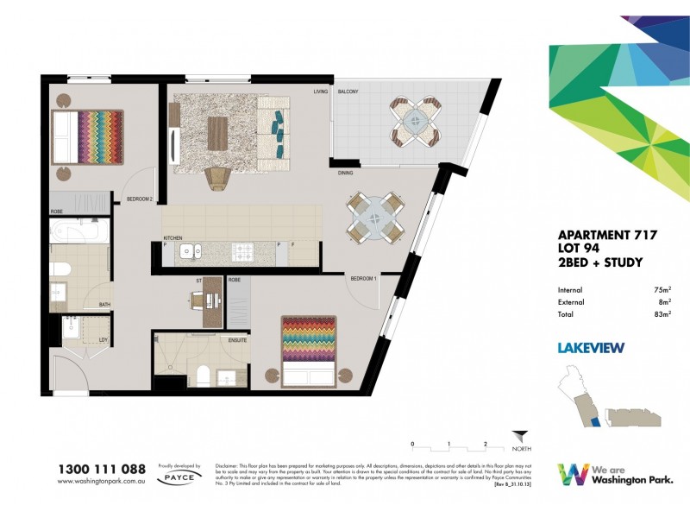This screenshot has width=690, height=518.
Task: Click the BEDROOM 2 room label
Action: click(140, 199)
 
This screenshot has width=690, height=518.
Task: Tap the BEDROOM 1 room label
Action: click(364, 278)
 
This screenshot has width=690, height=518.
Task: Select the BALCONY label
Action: click(348, 92)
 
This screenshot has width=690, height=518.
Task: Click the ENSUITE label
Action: click(238, 340)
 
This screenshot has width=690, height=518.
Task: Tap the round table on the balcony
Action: click(411, 122)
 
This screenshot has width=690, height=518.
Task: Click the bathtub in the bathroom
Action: click(78, 233)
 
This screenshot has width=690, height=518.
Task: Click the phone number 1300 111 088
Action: click(101, 469)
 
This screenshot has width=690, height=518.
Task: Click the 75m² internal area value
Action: click(662, 291)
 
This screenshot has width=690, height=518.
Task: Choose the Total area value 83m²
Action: click(662, 315)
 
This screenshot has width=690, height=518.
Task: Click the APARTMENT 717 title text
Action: click(608, 235)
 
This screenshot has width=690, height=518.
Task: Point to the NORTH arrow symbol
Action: click(517, 439)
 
